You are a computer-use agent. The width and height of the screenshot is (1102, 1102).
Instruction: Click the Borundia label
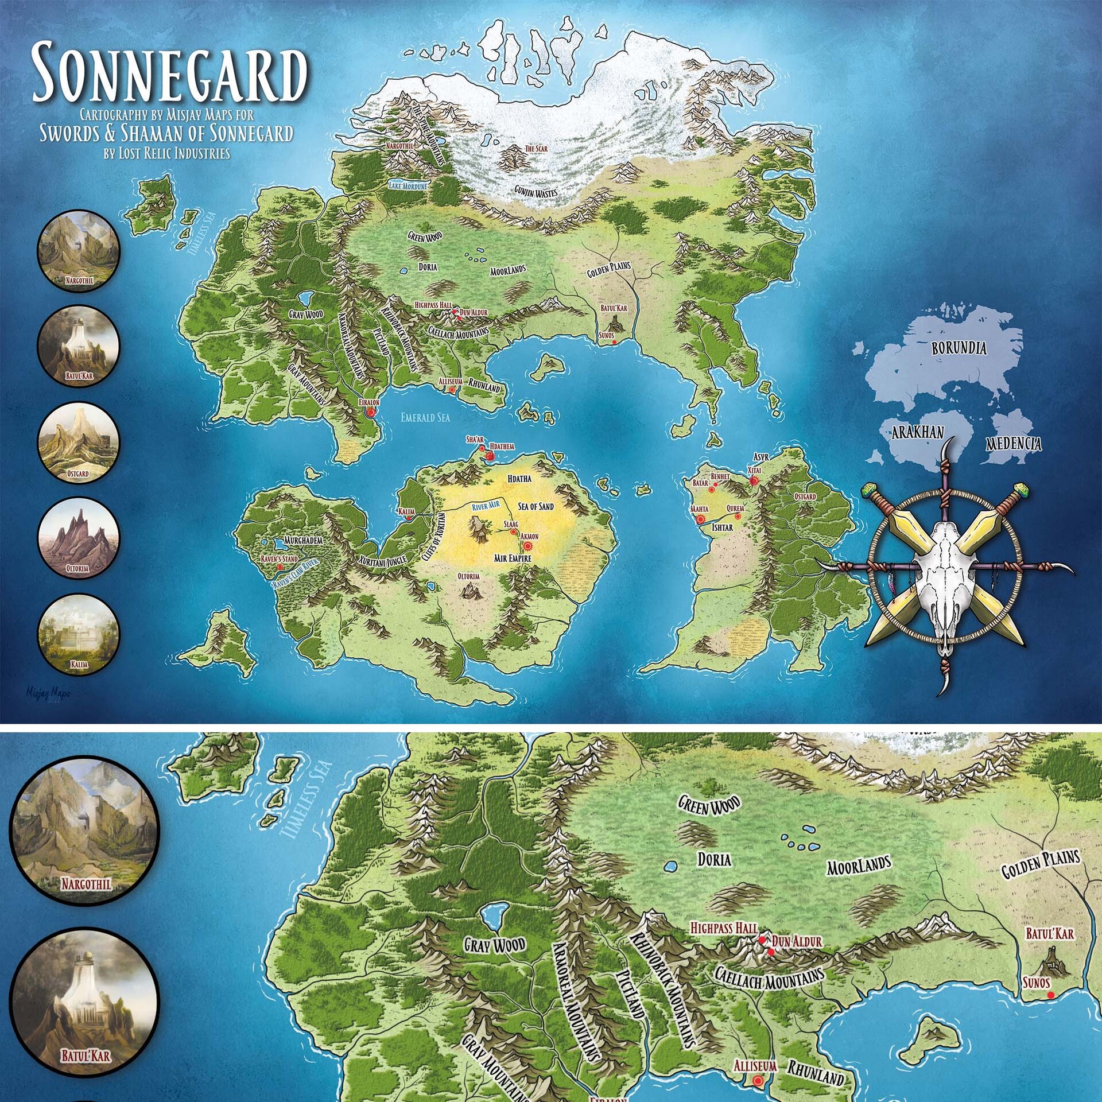click(959, 348)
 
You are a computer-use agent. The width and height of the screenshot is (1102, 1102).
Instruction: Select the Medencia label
click(1014, 443)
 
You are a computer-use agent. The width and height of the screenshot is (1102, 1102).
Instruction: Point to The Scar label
click(536, 149)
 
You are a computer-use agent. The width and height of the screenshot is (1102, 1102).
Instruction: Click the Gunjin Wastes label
click(536, 192)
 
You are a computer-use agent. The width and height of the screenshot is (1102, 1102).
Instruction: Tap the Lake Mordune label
click(408, 186)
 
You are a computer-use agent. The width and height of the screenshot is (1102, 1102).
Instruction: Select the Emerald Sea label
click(425, 417)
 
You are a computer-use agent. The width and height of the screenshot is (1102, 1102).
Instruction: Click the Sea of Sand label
click(536, 506)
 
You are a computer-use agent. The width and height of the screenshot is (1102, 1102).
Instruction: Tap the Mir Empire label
click(513, 558)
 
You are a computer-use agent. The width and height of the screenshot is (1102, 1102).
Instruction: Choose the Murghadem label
click(303, 541)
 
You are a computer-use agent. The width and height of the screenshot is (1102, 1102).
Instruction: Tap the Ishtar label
click(722, 527)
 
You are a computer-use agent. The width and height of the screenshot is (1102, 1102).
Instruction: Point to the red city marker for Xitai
click(754, 480)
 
